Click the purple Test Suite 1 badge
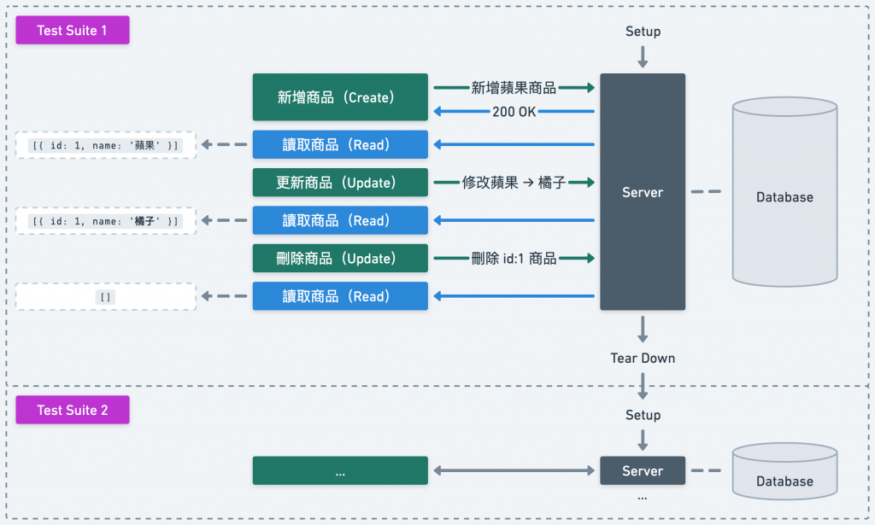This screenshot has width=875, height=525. (x=73, y=31)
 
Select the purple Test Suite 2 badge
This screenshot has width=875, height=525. (x=73, y=410)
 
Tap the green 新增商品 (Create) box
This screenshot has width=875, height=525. (x=340, y=97)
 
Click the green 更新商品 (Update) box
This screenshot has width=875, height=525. (x=340, y=183)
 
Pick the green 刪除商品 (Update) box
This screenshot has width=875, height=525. (x=340, y=258)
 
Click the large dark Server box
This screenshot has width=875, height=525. (x=643, y=192)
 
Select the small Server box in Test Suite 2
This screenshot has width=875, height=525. (x=643, y=470)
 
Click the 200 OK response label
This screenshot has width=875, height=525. (x=514, y=112)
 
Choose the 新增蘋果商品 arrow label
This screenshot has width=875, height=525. (x=514, y=87)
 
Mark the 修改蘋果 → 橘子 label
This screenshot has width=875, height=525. (x=514, y=183)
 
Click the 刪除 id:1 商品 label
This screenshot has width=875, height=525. (x=514, y=258)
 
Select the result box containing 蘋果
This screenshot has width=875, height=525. (x=106, y=145)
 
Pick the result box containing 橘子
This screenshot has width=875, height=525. (x=106, y=221)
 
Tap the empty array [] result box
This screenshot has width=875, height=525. (x=106, y=296)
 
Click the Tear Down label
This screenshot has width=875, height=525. (x=643, y=358)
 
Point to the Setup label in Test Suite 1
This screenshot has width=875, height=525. (x=643, y=32)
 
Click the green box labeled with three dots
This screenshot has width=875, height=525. (x=340, y=470)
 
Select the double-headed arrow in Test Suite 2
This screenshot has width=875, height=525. (x=514, y=470)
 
